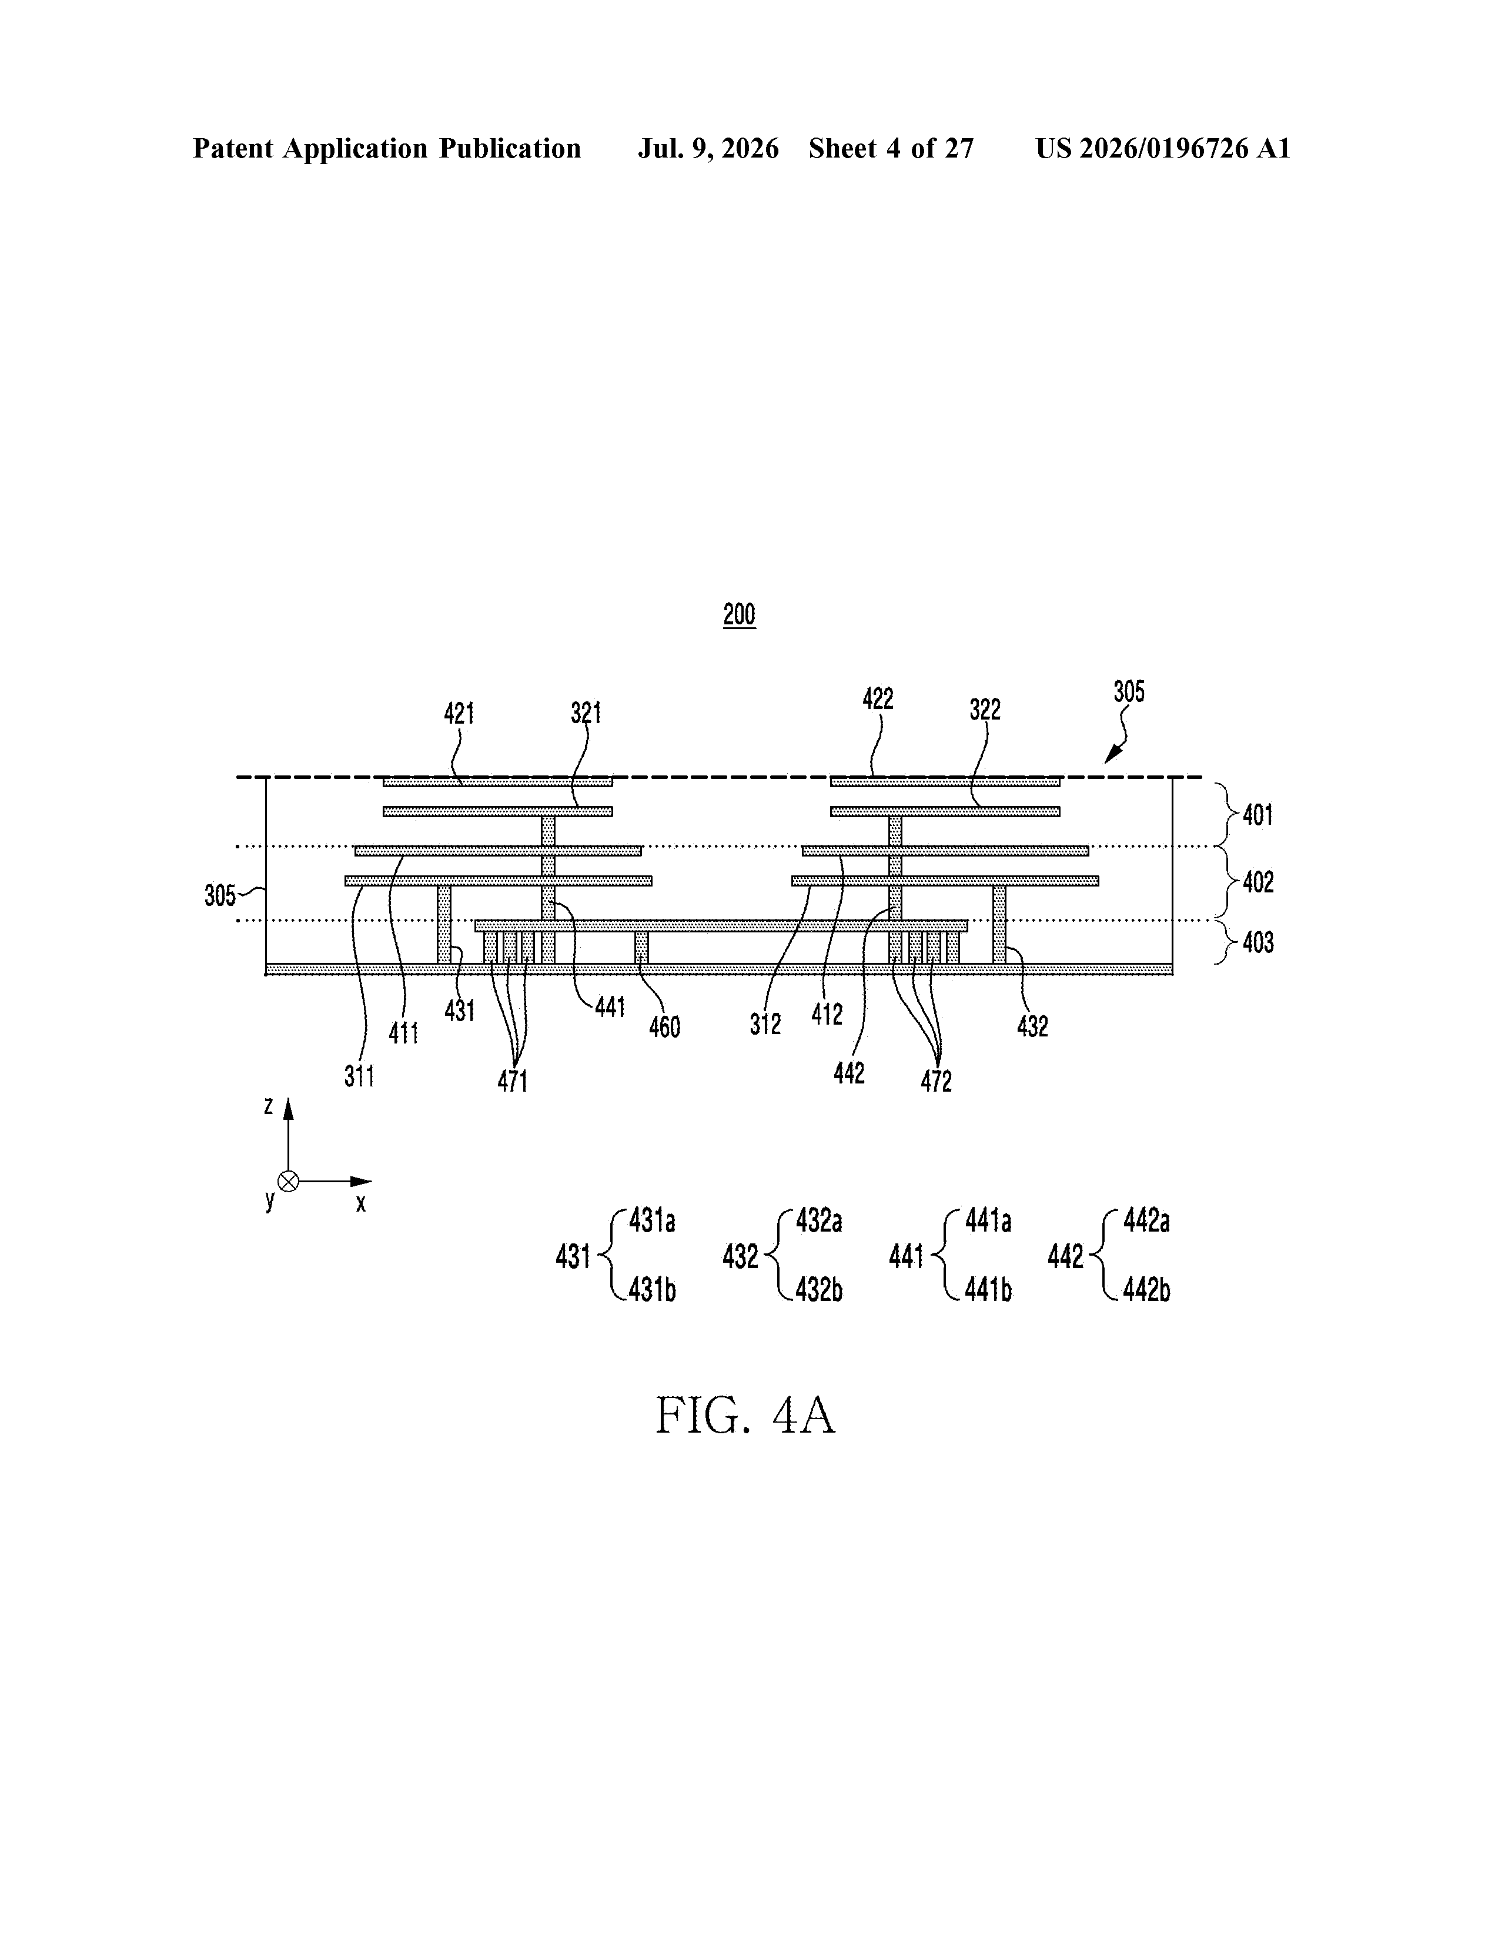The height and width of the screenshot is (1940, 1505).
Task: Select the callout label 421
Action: coord(459,713)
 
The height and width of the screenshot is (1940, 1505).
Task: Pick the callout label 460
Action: coord(664,1027)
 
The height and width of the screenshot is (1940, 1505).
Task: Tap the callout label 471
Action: coord(513,1081)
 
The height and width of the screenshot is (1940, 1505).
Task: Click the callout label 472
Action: coord(937,1081)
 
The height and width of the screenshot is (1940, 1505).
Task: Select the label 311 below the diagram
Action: coord(359,1076)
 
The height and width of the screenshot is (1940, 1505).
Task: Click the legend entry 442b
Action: coord(1147,1290)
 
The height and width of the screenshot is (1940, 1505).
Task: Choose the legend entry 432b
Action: coord(819,1290)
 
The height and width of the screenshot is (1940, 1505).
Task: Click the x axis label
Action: coord(361,1205)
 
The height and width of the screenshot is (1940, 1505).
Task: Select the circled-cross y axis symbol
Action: coord(288,1182)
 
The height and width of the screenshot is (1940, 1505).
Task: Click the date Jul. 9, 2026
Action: coord(708,148)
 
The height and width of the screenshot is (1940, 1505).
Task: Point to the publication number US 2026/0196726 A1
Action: coord(1163,148)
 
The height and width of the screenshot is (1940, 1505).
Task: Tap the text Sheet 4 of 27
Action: coord(891,148)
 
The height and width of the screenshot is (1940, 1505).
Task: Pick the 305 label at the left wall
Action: coord(220,895)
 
